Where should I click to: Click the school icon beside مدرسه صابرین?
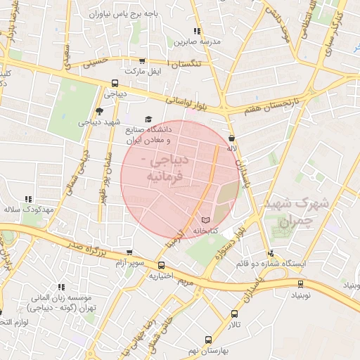tap(197, 32)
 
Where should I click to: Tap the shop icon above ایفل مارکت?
tap(143, 61)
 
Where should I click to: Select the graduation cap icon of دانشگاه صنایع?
tap(148, 120)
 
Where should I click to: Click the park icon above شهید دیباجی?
tap(99, 110)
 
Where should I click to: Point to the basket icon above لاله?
tap(232, 139)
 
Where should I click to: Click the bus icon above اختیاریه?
tap(162, 266)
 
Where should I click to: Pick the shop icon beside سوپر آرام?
tap(129, 252)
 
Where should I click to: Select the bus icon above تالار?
tap(233, 314)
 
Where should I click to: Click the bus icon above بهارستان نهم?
tap(208, 340)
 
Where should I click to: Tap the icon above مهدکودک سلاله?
tap(29, 200)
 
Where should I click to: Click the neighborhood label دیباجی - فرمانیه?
tap(165, 169)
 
